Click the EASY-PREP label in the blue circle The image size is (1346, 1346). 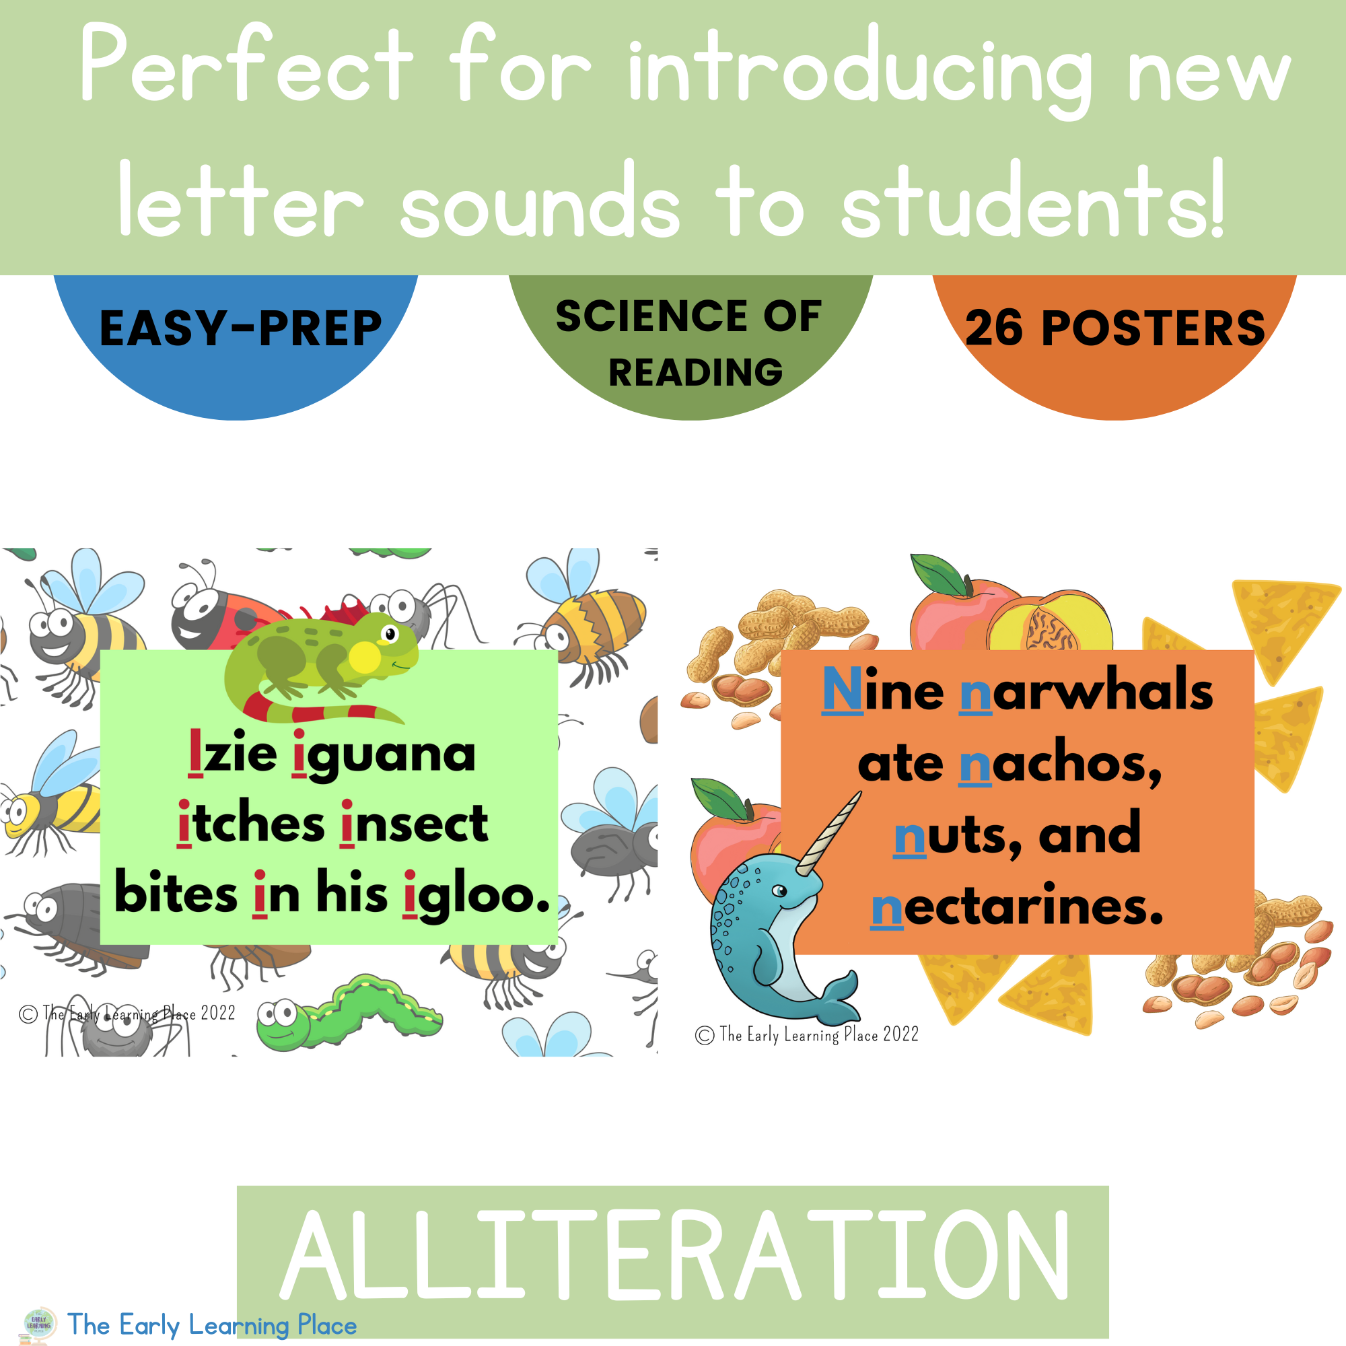240,328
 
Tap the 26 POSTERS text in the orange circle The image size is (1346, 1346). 1114,328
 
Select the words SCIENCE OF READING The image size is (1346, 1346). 690,343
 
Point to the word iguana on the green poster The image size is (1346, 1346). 384,754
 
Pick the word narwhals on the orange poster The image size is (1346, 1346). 1086,691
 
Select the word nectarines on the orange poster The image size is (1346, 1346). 1017,907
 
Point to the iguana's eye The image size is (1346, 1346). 390,634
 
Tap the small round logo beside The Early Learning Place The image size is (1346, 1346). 40,1322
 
